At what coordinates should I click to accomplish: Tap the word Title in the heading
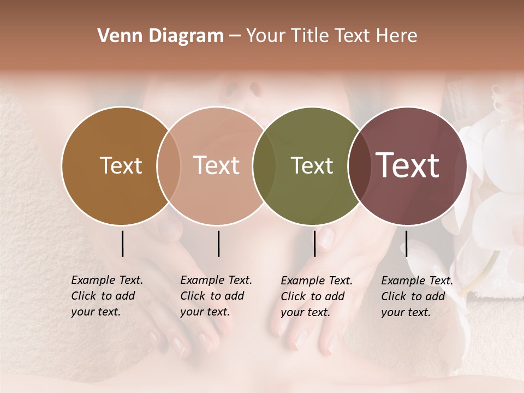click(309, 36)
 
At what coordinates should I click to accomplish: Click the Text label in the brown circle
click(121, 165)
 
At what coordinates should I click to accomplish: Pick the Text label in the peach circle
click(216, 165)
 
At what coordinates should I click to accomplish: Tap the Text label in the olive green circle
click(312, 165)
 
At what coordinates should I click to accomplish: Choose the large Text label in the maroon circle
click(407, 165)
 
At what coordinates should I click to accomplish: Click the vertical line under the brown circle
click(122, 243)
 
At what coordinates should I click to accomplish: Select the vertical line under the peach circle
click(218, 243)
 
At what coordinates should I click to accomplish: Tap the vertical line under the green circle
click(314, 243)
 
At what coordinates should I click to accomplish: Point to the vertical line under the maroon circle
click(406, 243)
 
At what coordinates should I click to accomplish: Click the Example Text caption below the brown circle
click(107, 296)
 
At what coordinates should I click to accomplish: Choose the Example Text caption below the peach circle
click(216, 296)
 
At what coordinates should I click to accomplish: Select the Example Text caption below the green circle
click(317, 296)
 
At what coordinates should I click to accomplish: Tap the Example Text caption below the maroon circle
click(417, 296)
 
